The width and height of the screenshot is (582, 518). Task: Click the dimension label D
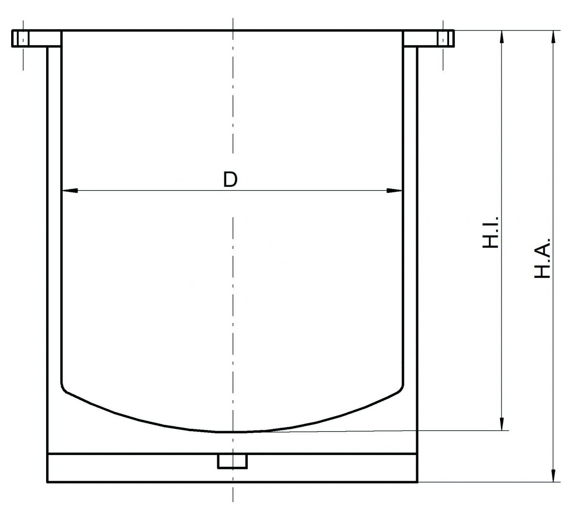click(x=230, y=179)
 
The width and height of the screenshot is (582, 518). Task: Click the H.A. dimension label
click(x=542, y=258)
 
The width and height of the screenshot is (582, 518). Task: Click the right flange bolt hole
click(x=442, y=39)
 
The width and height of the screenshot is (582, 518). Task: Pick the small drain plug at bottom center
click(x=232, y=461)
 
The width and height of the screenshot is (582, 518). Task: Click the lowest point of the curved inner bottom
click(x=232, y=431)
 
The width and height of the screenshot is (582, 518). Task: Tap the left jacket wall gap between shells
click(x=54, y=243)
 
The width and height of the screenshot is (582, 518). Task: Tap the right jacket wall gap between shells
click(x=410, y=243)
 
